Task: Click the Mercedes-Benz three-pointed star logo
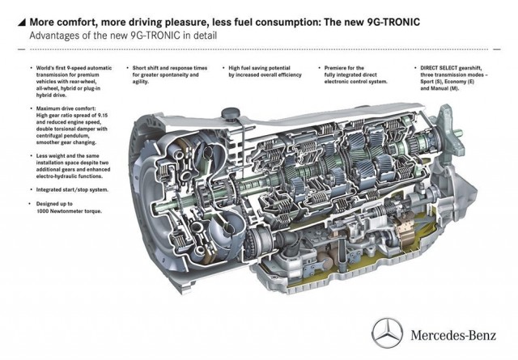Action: tap(387, 333)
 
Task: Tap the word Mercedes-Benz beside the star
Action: tap(453, 335)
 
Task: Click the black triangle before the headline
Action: tap(22, 22)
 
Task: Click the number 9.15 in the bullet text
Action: tap(102, 115)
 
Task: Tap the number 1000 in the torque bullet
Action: tap(43, 210)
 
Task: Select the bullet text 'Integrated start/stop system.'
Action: tap(72, 190)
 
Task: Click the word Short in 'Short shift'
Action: tap(139, 68)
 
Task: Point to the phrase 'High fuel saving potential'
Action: tap(259, 68)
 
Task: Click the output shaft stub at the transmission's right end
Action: tap(458, 133)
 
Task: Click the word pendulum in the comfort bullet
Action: tap(76, 136)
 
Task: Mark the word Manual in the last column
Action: tap(439, 88)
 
